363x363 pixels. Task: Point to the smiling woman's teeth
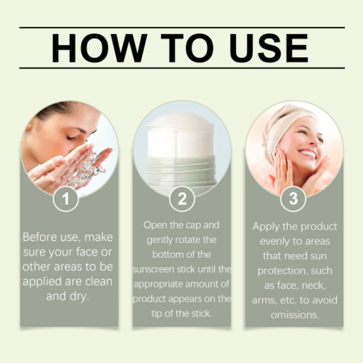[308, 153]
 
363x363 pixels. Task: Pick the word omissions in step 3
[294, 314]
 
